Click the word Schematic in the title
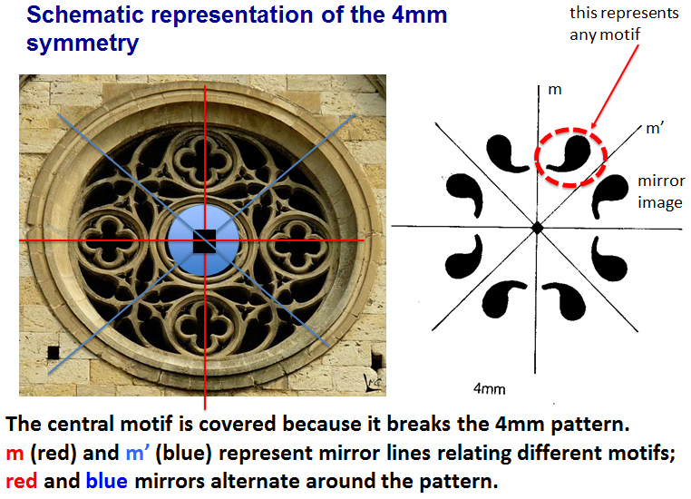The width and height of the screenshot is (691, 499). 85,15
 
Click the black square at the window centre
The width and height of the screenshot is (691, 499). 204,241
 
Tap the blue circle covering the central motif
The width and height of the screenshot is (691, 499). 204,240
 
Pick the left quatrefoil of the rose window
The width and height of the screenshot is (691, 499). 109,240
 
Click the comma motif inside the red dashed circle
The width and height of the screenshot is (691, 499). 568,153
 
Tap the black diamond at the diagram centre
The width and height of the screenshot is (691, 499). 537,228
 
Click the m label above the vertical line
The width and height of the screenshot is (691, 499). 555,90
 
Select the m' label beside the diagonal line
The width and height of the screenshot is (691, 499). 655,128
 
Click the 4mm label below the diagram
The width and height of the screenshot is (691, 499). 489,389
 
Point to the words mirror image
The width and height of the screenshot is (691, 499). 660,191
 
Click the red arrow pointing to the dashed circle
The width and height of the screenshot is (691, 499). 614,86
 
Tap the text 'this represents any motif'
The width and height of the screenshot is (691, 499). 624,24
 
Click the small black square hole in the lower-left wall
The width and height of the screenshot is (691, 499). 54,353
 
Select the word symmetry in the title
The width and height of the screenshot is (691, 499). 83,44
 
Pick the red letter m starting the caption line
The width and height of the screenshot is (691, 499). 15,454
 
